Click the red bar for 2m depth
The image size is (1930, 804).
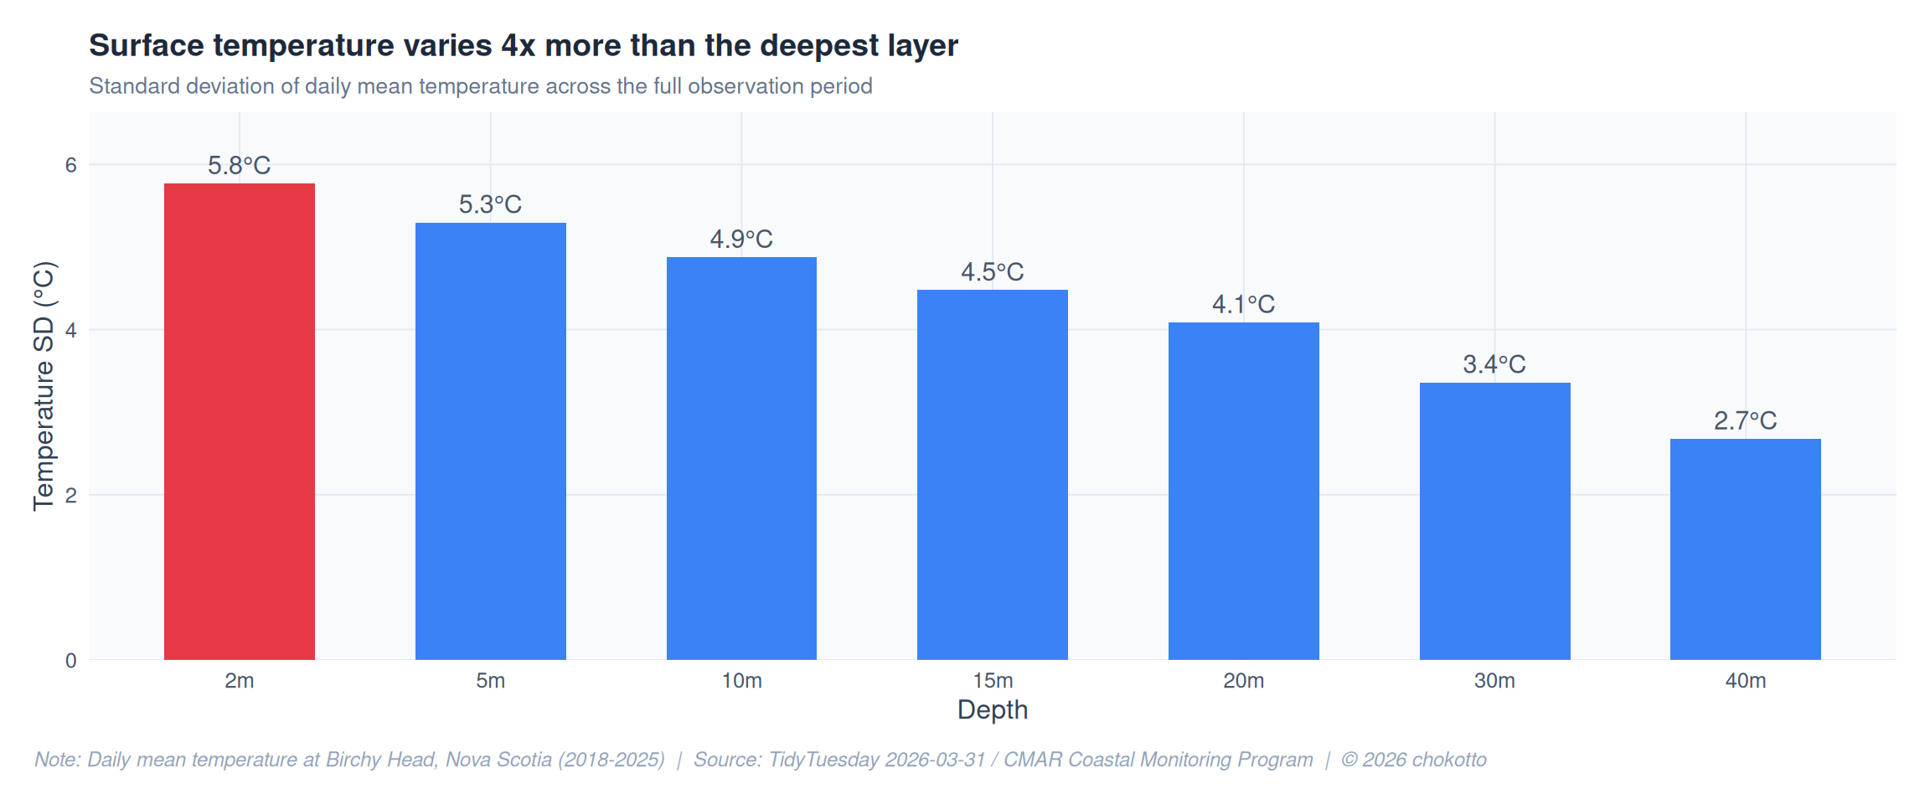click(239, 421)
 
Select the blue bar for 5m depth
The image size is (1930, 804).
click(490, 441)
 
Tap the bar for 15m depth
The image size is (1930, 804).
click(992, 474)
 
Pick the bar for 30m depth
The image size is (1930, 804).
click(1494, 521)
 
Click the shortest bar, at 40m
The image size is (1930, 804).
click(1745, 549)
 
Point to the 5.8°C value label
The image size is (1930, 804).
click(239, 166)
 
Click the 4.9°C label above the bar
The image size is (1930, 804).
click(741, 240)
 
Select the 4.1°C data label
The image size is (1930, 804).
click(1243, 304)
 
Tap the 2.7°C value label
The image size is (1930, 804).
click(1745, 420)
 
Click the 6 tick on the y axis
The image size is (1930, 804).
click(71, 165)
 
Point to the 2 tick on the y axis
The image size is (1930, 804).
click(71, 495)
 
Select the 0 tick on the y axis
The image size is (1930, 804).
click(71, 661)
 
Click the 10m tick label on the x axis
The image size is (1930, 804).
click(741, 681)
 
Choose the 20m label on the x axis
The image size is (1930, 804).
click(1243, 681)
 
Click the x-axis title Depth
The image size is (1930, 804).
click(992, 710)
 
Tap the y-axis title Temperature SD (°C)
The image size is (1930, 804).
click(44, 386)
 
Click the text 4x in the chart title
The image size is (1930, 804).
click(518, 45)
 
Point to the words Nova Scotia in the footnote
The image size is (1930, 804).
click(498, 760)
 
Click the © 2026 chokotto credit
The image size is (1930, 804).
click(1413, 760)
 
